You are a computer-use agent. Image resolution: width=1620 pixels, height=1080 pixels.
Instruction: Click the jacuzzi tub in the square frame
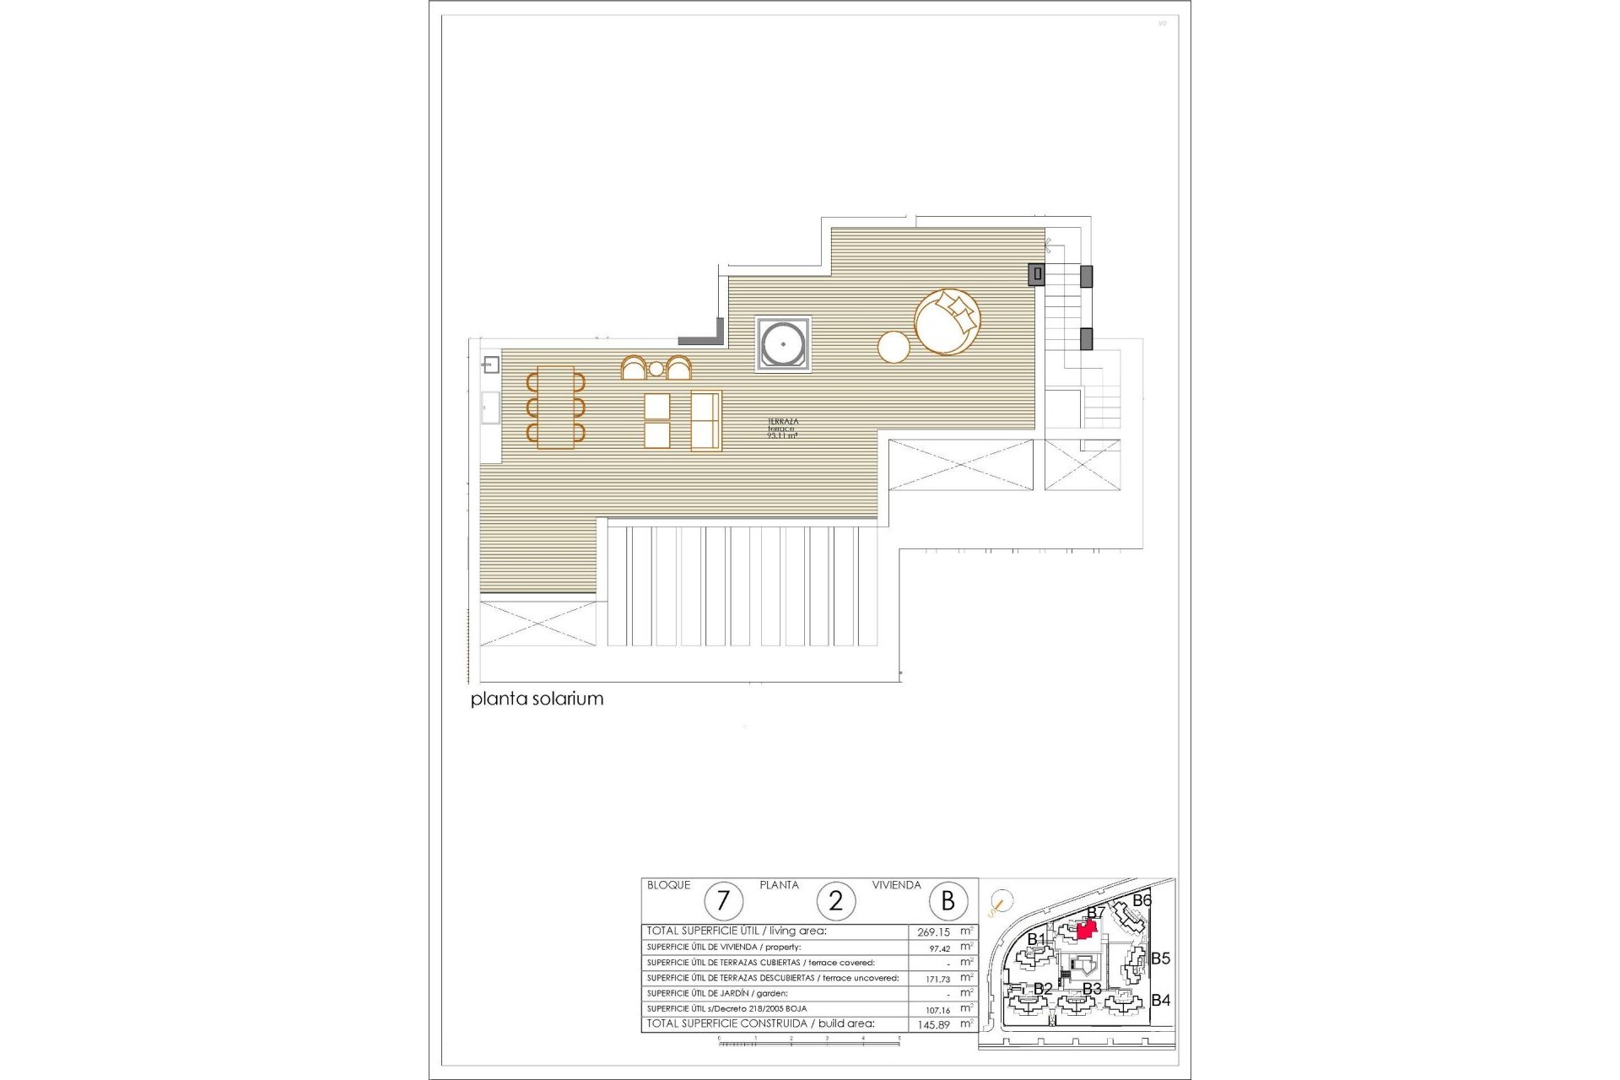[x=783, y=343]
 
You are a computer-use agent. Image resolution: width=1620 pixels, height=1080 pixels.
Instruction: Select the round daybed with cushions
[x=947, y=321]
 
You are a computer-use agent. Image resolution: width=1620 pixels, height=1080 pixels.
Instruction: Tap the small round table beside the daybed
[x=894, y=347]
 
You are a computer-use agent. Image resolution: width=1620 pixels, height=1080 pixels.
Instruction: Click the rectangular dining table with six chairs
[x=555, y=408]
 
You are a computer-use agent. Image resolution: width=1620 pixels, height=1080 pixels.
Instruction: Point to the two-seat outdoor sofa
[x=706, y=420]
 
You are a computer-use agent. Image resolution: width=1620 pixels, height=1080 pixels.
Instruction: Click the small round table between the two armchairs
[x=656, y=369]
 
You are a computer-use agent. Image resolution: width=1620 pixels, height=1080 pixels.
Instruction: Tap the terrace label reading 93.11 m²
[x=782, y=429]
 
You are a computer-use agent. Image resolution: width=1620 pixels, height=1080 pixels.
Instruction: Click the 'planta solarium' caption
[x=537, y=699]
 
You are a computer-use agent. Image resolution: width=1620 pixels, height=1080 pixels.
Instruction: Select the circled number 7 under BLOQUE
[x=722, y=901]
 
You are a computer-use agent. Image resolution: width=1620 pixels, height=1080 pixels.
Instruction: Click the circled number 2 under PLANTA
[x=835, y=901]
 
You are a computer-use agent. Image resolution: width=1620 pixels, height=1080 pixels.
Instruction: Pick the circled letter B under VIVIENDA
[x=948, y=901]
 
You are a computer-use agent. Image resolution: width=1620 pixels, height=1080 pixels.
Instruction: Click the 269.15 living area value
[x=933, y=932]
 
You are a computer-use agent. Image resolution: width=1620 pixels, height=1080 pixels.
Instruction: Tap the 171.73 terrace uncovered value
[x=937, y=979]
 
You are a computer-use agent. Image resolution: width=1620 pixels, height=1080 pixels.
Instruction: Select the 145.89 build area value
[x=933, y=1024]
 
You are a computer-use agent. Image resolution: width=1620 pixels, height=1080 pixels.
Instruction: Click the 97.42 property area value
[x=939, y=948]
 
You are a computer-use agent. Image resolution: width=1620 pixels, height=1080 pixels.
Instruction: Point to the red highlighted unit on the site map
[x=1087, y=930]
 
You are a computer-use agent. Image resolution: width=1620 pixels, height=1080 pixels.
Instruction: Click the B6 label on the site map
[x=1142, y=900]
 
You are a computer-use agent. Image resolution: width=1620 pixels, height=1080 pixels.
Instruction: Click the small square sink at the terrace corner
[x=491, y=364]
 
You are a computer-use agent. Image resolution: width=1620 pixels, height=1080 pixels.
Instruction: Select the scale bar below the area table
[x=808, y=1043]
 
